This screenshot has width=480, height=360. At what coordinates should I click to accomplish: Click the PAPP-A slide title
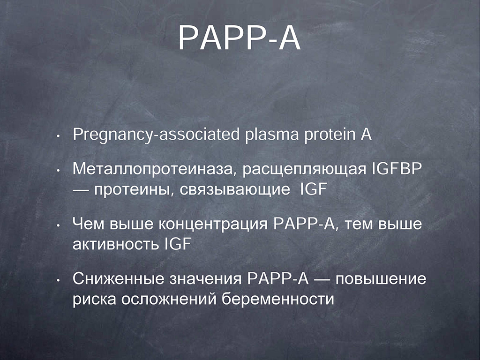pos(240,37)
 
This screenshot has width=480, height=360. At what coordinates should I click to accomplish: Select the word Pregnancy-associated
pos(156,135)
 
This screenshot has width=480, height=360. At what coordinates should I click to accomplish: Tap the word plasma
pos(271,135)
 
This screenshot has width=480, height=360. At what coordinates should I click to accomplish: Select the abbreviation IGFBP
pos(397,169)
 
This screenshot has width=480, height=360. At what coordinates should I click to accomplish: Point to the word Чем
pos(88,224)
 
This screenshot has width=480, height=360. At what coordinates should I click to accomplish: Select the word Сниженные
pos(119,279)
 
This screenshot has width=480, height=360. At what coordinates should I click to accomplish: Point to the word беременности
pos(278,299)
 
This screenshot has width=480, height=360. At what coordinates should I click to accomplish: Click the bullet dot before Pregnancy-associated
pos(58,136)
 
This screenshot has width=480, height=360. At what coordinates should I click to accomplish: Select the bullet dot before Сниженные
pos(58,280)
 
